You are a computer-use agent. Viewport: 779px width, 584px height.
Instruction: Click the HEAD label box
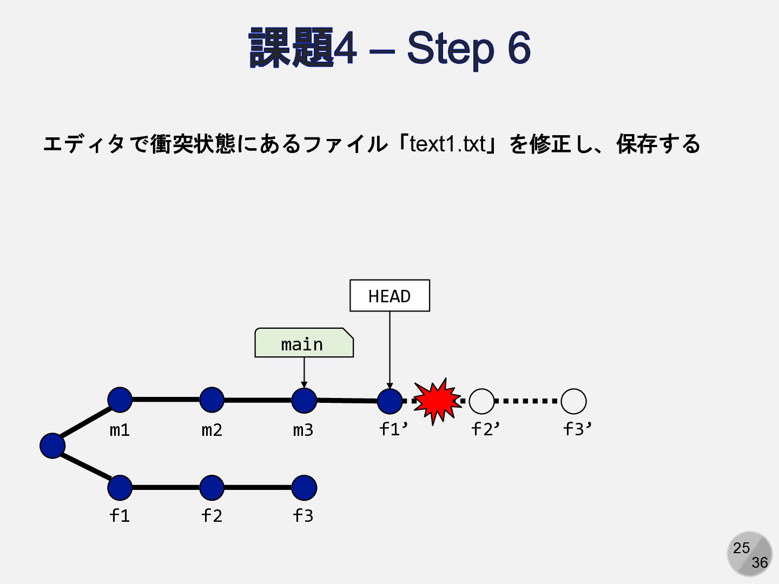coord(389,295)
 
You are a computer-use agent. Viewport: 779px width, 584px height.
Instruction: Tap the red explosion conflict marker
coord(437,401)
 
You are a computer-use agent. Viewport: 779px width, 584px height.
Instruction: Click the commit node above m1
coord(120,400)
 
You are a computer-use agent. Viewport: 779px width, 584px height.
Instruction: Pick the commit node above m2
coord(212,400)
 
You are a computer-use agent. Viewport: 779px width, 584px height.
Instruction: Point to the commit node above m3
coord(304,400)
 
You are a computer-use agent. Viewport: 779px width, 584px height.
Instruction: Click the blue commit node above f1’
coord(389,401)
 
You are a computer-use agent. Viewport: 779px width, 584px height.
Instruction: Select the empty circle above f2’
coord(481,401)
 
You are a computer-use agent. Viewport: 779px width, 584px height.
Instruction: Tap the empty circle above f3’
coord(573,401)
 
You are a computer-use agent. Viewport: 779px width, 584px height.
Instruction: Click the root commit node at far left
coord(52,446)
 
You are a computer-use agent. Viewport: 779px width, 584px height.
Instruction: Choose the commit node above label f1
coord(120,487)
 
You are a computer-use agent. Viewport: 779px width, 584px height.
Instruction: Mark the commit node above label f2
coord(212,487)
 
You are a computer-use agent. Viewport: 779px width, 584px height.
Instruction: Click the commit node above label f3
coord(304,487)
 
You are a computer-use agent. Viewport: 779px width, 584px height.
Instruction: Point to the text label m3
coord(303,430)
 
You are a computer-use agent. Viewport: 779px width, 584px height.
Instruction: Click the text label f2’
coord(485,429)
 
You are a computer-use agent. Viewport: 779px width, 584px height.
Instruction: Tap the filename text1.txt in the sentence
coord(447,144)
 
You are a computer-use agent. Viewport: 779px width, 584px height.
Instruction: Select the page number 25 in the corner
coord(741,548)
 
